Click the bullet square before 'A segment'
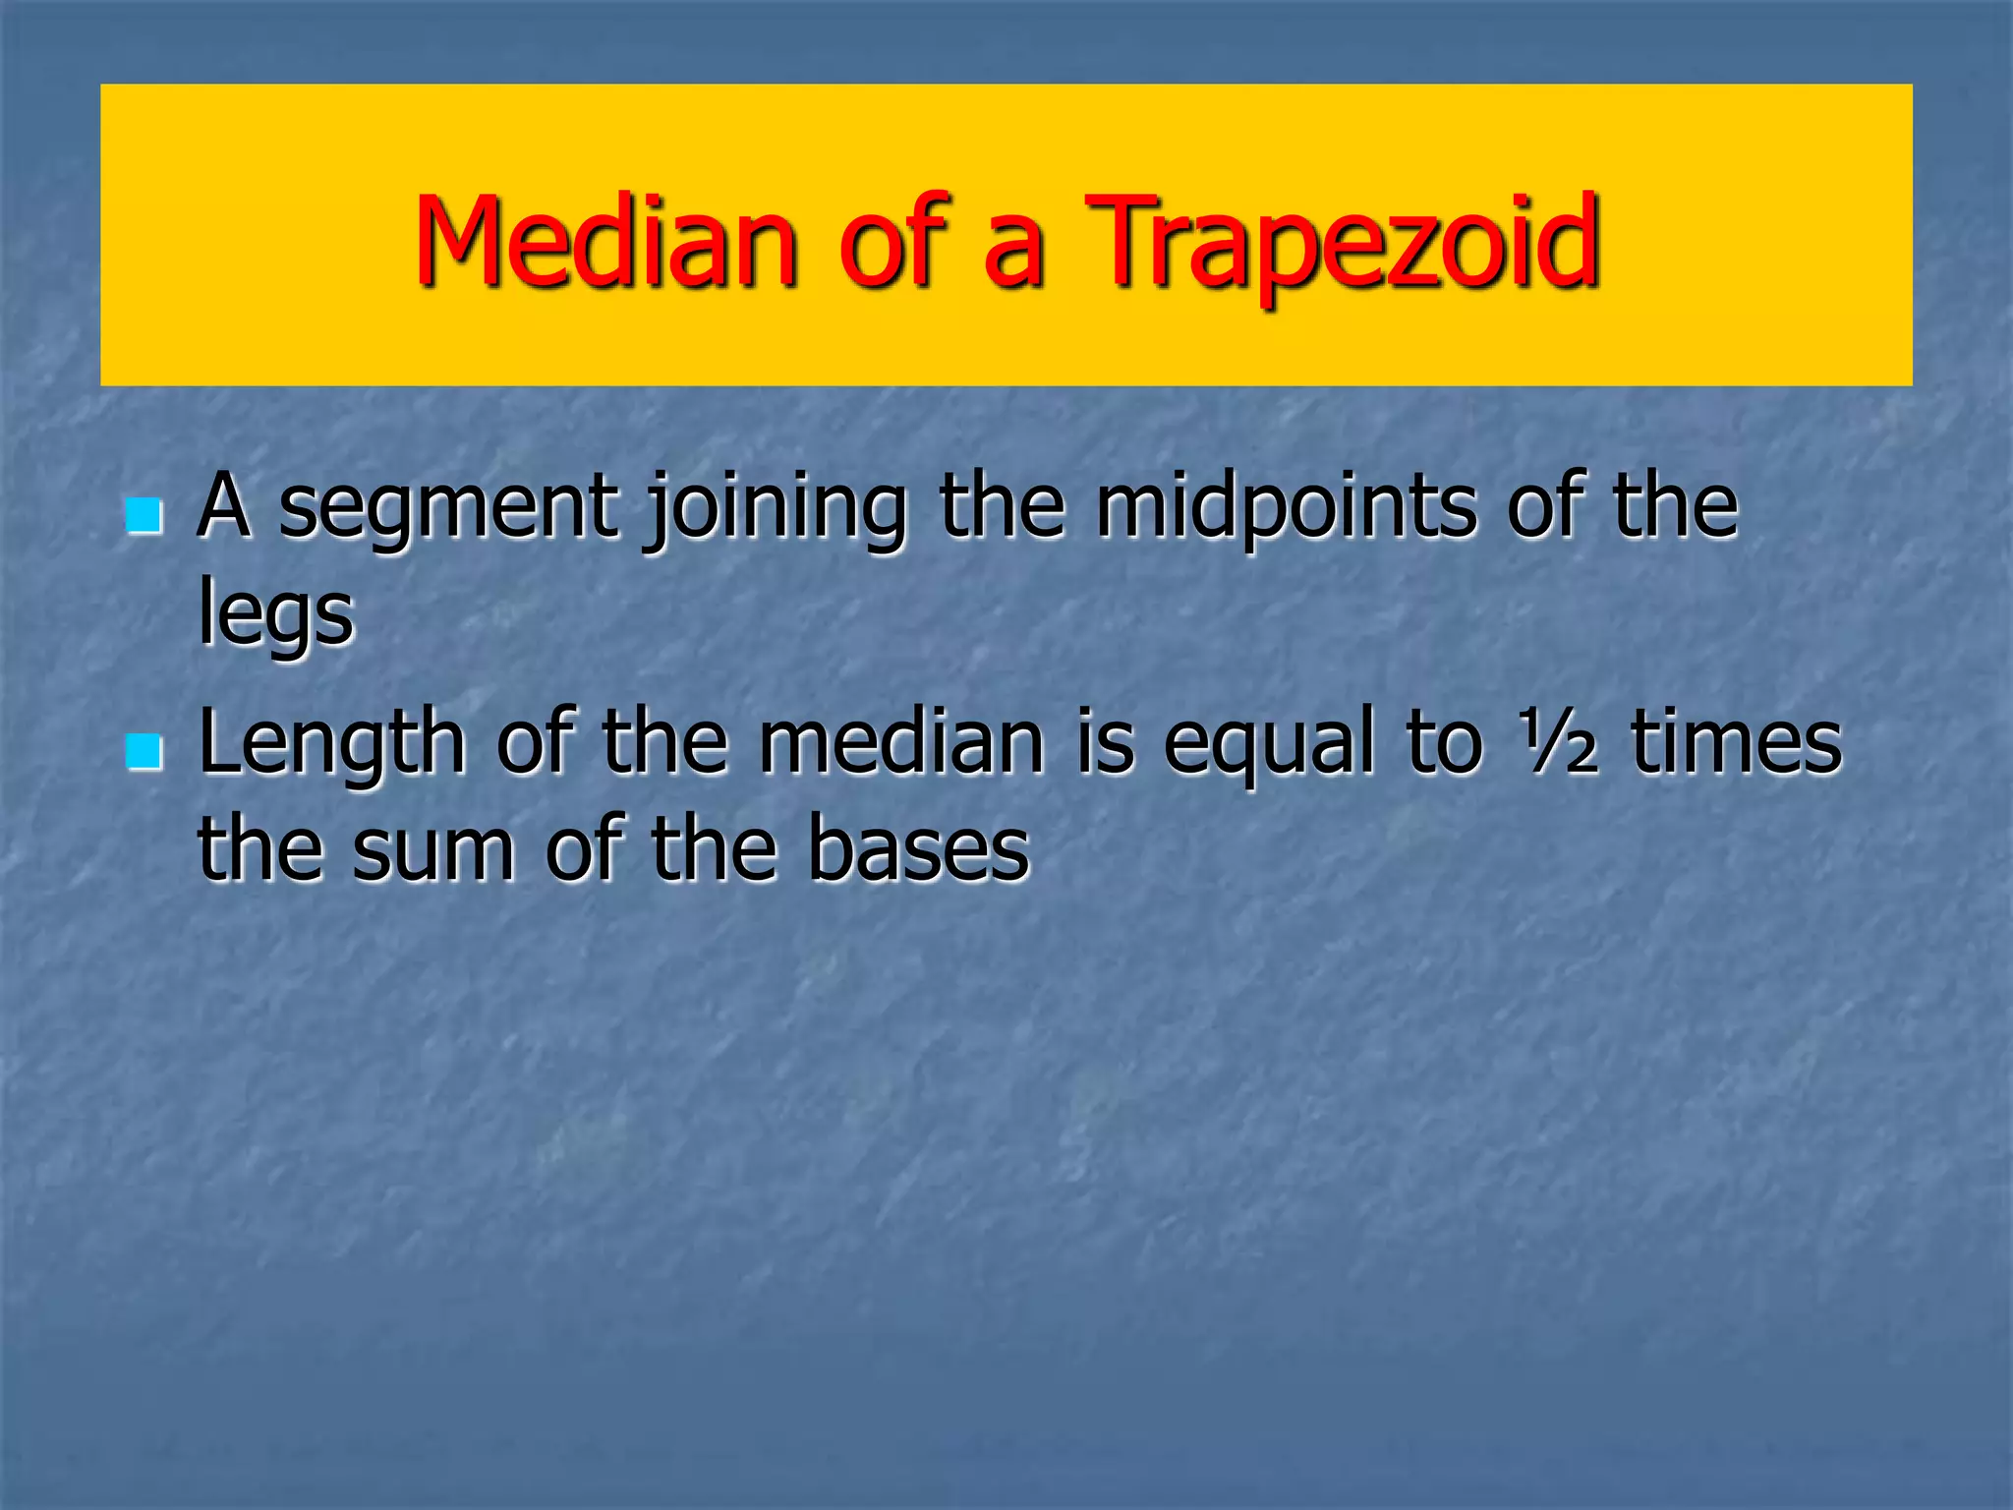coord(144,515)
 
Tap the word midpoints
coord(1286,509)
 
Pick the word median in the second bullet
coord(900,743)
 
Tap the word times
coord(1735,743)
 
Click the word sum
coord(432,851)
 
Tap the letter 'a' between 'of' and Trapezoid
coord(1012,251)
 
